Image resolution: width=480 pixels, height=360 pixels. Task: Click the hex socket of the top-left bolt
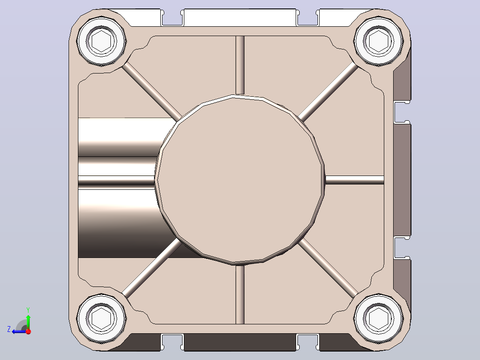coord(102,41)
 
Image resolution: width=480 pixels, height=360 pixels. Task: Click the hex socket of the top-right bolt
coord(378,41)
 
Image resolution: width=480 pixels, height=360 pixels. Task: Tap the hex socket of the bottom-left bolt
coord(102,319)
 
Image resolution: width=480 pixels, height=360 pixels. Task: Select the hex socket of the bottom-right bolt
coord(378,319)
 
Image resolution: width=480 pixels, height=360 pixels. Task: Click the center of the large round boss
coord(240,180)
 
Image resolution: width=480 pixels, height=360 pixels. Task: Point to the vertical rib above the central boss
coord(240,65)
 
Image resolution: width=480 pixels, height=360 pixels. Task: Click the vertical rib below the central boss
coord(240,295)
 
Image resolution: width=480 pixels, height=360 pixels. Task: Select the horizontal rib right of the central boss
coord(354,180)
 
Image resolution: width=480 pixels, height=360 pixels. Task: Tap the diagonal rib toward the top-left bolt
coord(152,92)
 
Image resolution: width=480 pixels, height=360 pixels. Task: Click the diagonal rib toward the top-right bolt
coord(328,92)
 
